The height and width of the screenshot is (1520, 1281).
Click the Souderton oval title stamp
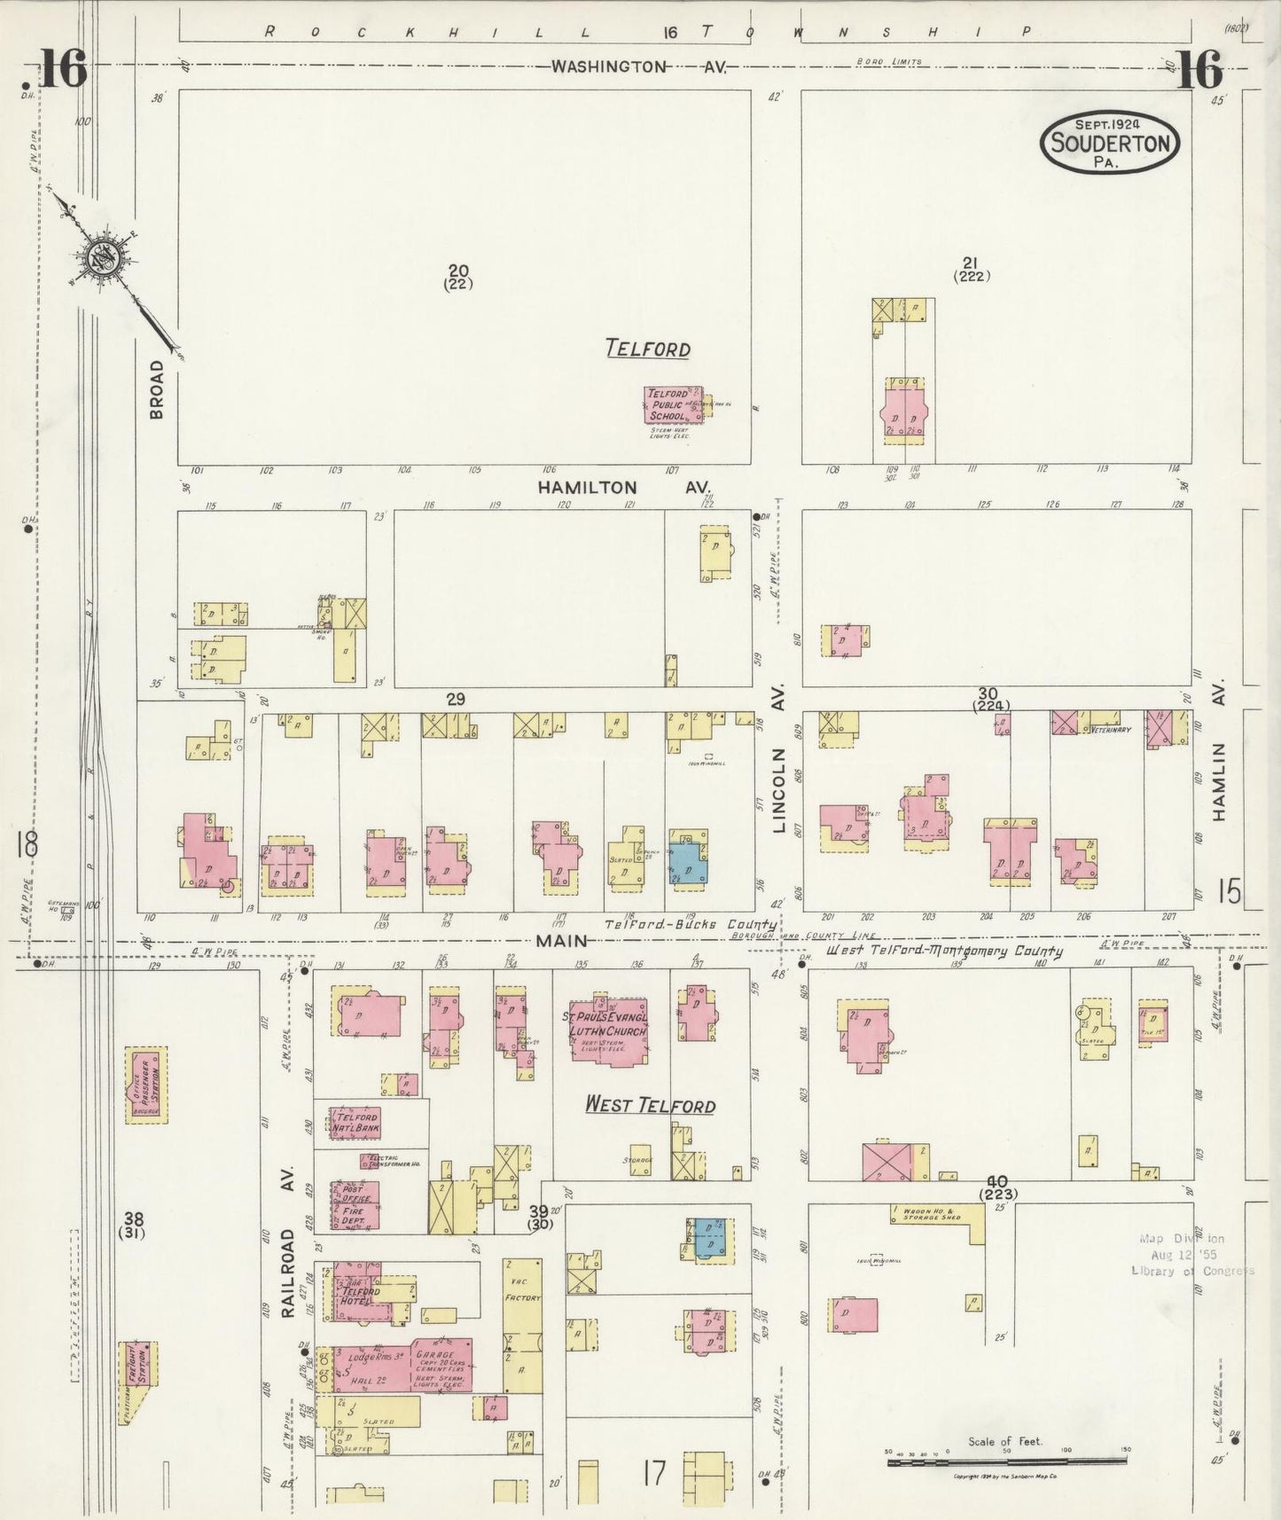(x=1109, y=142)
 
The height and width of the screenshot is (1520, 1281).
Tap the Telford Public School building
(x=670, y=404)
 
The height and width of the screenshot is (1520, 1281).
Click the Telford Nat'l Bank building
(x=355, y=1123)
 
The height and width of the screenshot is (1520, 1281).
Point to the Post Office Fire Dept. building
(x=355, y=1204)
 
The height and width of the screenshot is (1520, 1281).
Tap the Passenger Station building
(x=146, y=1085)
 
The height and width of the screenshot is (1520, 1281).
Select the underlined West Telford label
(x=650, y=1105)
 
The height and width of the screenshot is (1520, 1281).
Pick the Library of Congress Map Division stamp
(x=1191, y=1255)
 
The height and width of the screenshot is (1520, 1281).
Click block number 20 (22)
(x=458, y=276)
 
